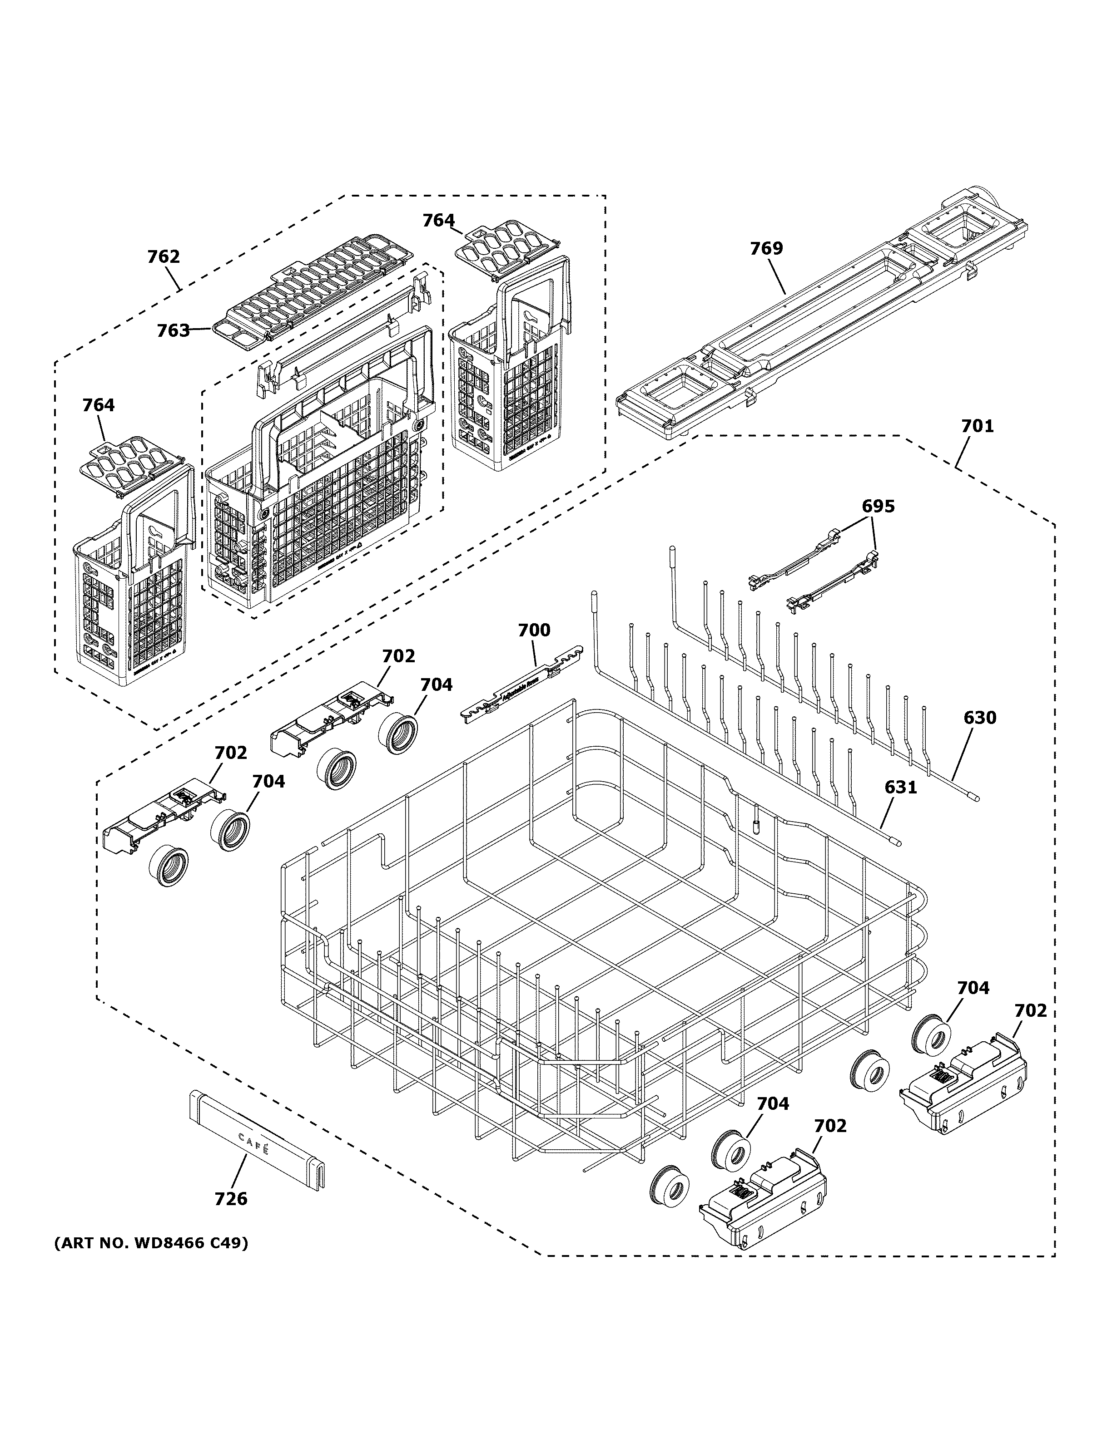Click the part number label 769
(x=767, y=248)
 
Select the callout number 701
(x=977, y=426)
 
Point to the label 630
(x=980, y=718)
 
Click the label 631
(x=900, y=787)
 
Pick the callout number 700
(x=534, y=630)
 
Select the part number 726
(x=231, y=1199)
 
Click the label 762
(x=164, y=257)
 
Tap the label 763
(x=173, y=330)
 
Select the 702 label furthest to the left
(x=231, y=753)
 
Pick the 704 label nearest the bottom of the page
(x=772, y=1103)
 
